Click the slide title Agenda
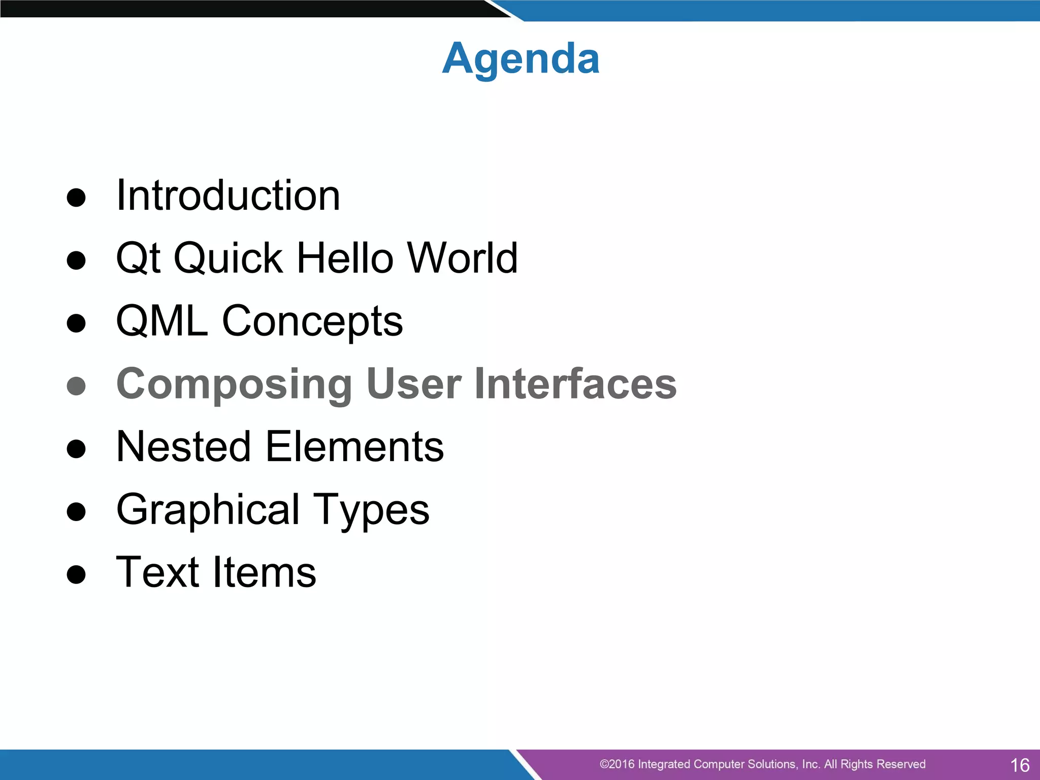tap(521, 59)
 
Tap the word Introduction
tap(228, 196)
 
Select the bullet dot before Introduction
tap(76, 198)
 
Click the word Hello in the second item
tap(345, 258)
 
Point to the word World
tap(463, 258)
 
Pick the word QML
tap(162, 321)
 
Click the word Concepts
tap(312, 322)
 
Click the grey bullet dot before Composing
tap(76, 386)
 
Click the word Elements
tap(354, 446)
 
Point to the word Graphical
tap(208, 510)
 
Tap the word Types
tap(371, 510)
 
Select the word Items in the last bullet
tap(264, 572)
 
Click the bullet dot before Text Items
tap(76, 575)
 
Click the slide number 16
tap(1020, 765)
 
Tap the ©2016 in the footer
tap(616, 764)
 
